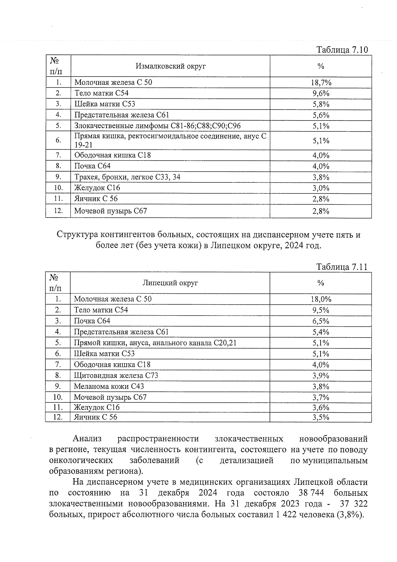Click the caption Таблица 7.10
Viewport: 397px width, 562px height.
(342, 50)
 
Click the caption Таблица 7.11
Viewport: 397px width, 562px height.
(342, 267)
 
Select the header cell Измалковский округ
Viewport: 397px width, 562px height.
(170, 66)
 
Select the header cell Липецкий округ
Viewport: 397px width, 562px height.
(170, 283)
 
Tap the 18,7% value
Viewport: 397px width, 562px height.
(321, 82)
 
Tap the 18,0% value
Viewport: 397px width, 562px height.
(321, 299)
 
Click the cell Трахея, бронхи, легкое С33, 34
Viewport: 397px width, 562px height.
(127, 177)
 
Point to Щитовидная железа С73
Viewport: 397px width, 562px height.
(116, 376)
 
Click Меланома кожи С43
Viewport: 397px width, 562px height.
(109, 386)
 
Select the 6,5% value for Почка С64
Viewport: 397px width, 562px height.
(321, 321)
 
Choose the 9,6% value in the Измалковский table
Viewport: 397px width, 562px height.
(321, 93)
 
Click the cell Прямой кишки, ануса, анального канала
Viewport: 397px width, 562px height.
(155, 343)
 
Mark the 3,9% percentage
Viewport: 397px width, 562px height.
(321, 376)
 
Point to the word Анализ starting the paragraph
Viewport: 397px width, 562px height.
(87, 439)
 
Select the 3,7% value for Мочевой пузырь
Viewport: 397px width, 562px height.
(321, 397)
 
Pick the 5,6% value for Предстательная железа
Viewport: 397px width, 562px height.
(321, 115)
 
